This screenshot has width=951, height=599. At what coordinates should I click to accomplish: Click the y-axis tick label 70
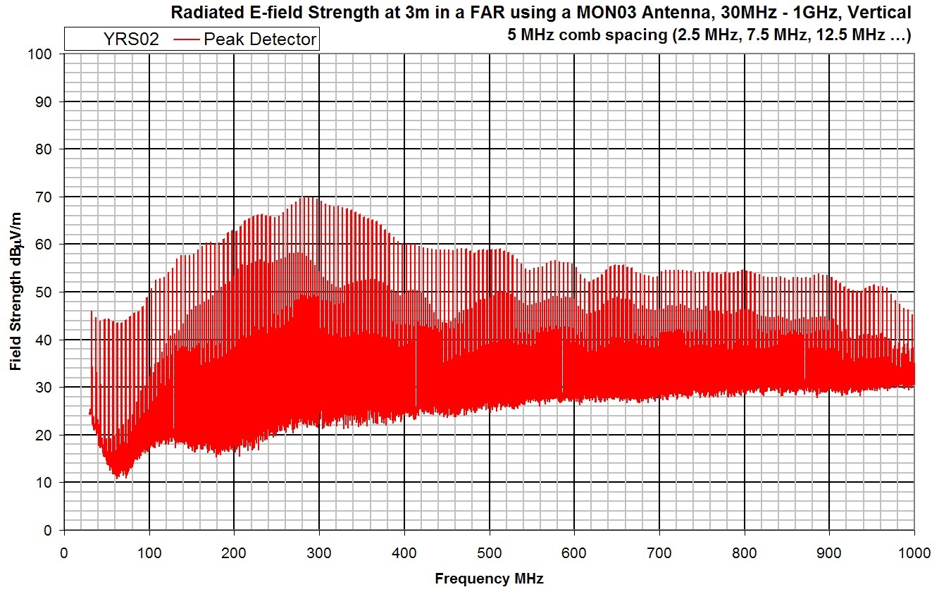44,197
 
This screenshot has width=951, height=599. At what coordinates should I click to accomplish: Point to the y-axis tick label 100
40,54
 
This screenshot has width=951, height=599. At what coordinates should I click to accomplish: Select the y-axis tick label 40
44,340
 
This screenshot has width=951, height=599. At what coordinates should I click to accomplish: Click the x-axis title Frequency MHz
489,579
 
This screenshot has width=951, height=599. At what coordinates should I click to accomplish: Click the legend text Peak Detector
260,39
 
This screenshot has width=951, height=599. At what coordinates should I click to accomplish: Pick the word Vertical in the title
881,12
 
